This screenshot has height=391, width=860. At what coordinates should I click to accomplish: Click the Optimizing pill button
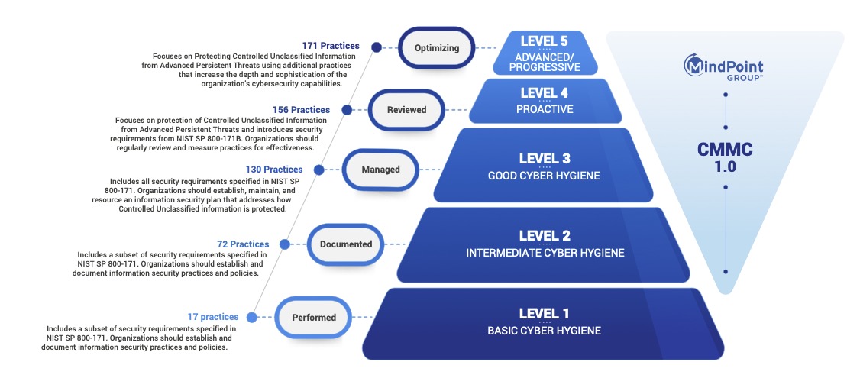pyautogui.click(x=437, y=47)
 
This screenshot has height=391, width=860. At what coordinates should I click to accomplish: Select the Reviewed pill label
pyautogui.click(x=406, y=110)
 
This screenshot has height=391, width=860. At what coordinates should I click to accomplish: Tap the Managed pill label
pyautogui.click(x=380, y=170)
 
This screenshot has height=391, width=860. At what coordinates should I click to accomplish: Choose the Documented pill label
pyautogui.click(x=345, y=244)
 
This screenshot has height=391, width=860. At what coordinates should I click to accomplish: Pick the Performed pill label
pyautogui.click(x=314, y=317)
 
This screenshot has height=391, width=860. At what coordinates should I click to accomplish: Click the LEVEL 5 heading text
pyautogui.click(x=544, y=40)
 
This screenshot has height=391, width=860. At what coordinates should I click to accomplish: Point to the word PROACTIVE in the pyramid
pyautogui.click(x=545, y=109)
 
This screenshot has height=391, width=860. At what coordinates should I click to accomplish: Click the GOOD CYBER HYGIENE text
pyautogui.click(x=545, y=176)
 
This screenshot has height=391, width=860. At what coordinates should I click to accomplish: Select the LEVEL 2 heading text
pyautogui.click(x=545, y=236)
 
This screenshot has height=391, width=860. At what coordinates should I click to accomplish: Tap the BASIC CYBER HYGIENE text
pyautogui.click(x=544, y=331)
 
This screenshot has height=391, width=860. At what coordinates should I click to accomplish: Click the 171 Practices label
pyautogui.click(x=331, y=46)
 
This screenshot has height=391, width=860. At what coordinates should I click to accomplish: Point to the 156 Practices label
pyautogui.click(x=301, y=110)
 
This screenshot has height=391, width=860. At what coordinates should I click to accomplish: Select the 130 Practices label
pyautogui.click(x=274, y=170)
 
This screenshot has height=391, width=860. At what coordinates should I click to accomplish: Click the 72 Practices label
pyautogui.click(x=243, y=244)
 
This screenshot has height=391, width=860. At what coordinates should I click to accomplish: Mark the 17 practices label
pyautogui.click(x=213, y=317)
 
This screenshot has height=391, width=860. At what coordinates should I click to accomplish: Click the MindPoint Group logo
pyautogui.click(x=723, y=67)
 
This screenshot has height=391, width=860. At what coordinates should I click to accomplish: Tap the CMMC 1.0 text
pyautogui.click(x=725, y=157)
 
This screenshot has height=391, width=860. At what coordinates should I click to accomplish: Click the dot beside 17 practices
pyautogui.click(x=252, y=317)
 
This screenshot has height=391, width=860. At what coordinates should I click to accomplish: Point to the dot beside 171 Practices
pyautogui.click(x=377, y=47)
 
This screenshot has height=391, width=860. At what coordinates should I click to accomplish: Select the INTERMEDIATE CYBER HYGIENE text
pyautogui.click(x=545, y=253)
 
